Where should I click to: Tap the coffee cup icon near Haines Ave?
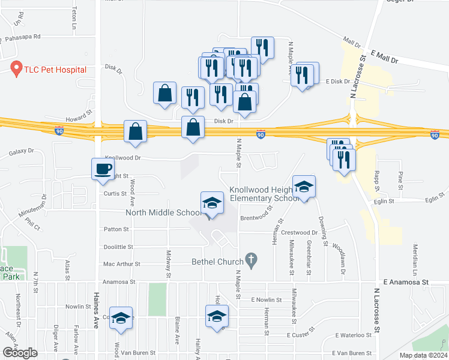coord(101,169)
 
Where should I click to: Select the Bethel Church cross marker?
coord(251,261)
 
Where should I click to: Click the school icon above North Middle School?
coord(212,203)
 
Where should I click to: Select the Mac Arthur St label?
coord(121,264)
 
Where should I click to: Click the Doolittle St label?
coord(118,247)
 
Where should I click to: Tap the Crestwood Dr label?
coord(300,232)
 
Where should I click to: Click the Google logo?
coord(20,353)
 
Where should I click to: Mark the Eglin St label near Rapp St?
coord(383,201)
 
